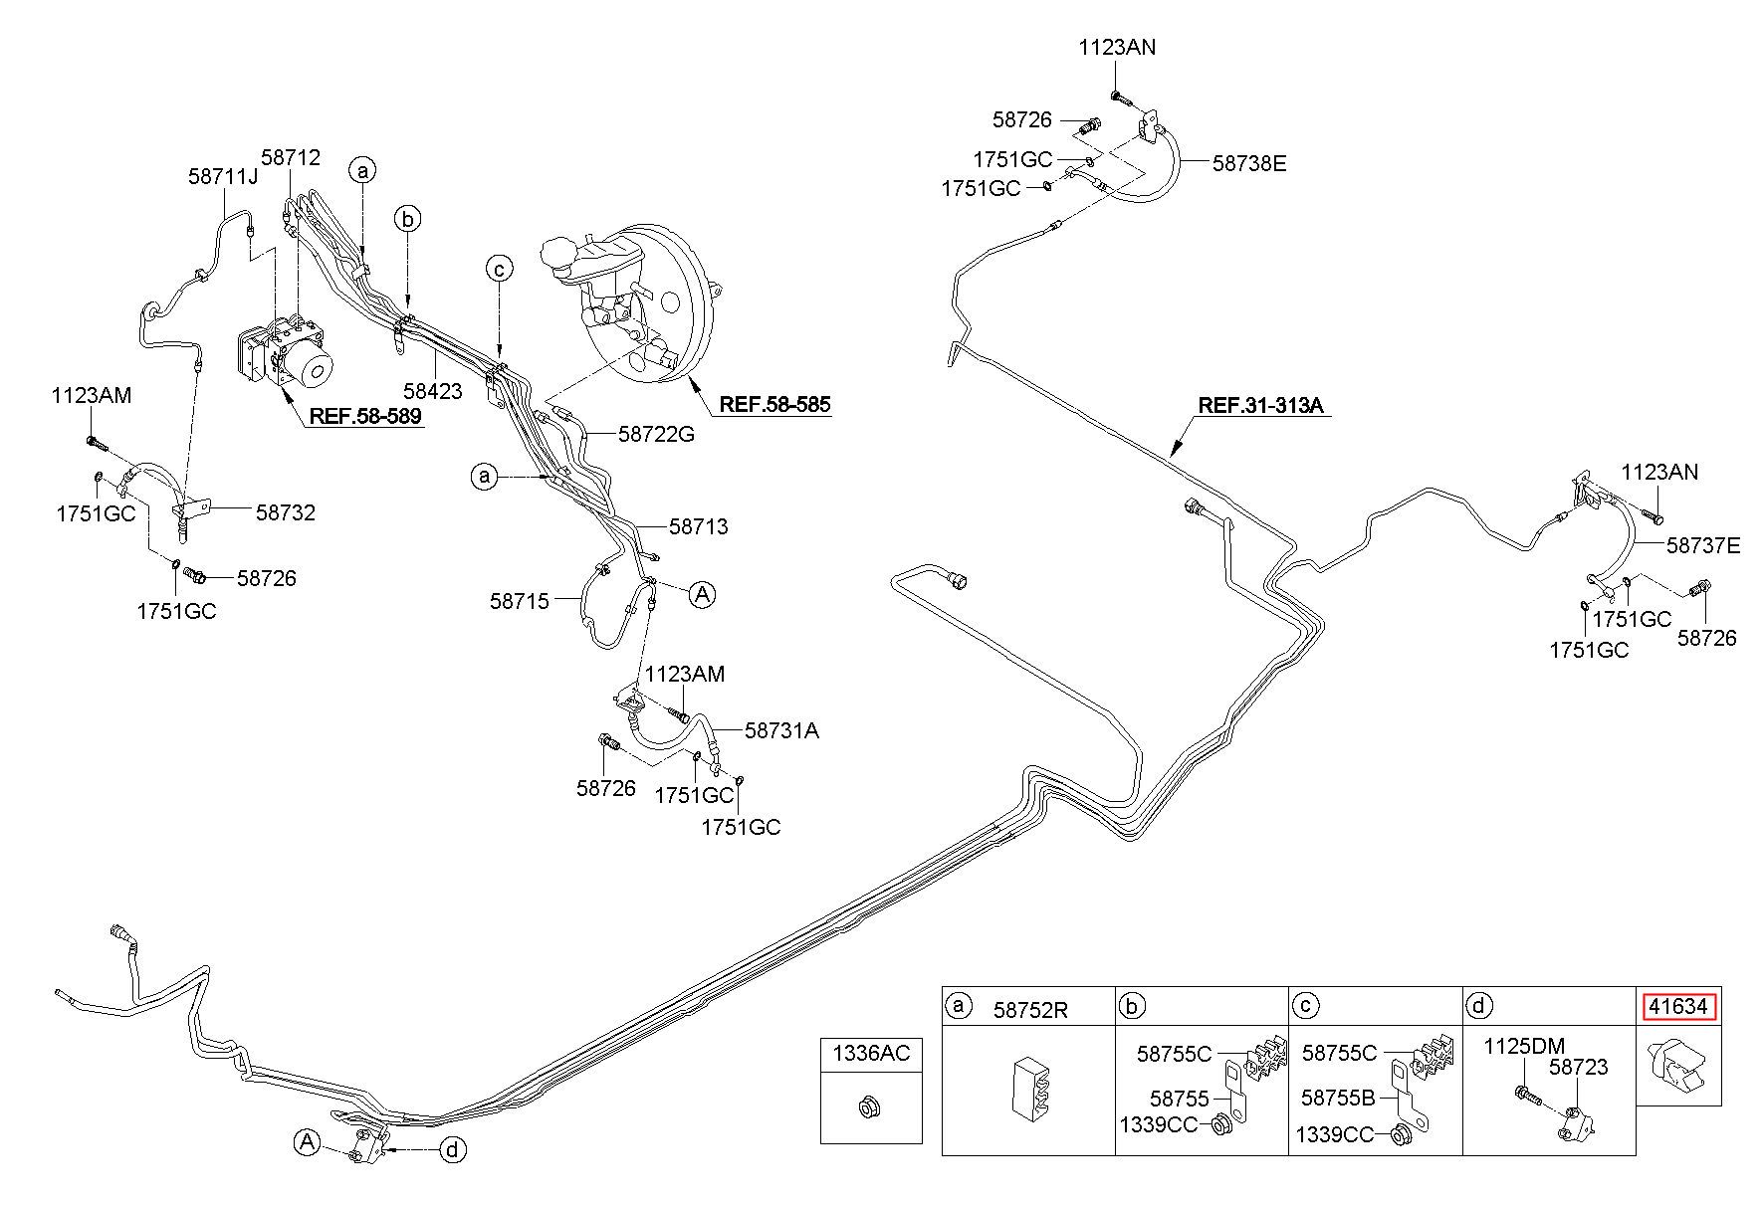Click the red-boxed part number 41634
(1678, 1007)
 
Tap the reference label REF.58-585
(774, 404)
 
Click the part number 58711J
(223, 176)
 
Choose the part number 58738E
(1249, 163)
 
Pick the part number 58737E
(1703, 545)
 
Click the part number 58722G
(656, 434)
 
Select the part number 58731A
(782, 730)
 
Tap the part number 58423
(433, 391)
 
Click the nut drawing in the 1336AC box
(867, 1105)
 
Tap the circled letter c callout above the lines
(500, 268)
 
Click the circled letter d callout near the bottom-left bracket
(453, 1150)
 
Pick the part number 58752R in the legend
(1030, 1010)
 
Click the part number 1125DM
(1524, 1046)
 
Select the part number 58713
(699, 526)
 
